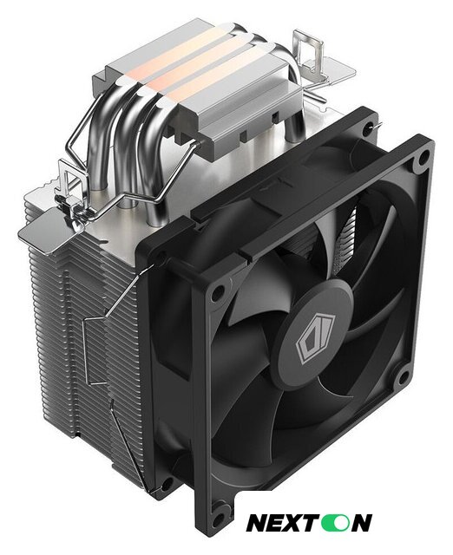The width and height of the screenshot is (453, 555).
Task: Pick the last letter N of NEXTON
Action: [x=358, y=523]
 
